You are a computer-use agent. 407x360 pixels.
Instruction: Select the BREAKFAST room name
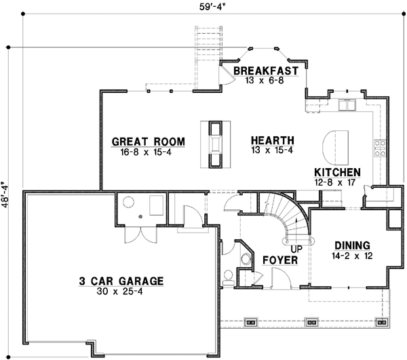tap(266, 71)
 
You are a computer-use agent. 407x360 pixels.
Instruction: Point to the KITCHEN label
tap(337, 172)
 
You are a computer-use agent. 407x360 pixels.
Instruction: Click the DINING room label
tap(351, 245)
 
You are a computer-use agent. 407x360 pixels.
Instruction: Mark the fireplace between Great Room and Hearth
tap(216, 144)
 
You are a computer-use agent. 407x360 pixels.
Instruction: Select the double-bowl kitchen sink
tap(347, 106)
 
